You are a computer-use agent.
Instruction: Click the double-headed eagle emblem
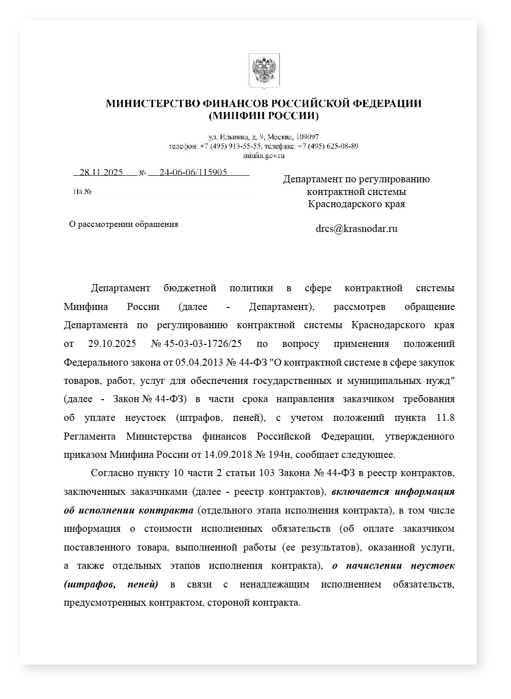(264, 70)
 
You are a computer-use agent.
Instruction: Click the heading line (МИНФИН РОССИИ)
(264, 116)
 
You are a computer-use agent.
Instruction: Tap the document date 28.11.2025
(101, 172)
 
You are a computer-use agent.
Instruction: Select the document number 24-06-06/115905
(193, 172)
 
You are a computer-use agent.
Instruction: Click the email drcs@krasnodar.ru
(356, 228)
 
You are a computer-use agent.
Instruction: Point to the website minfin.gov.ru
(264, 156)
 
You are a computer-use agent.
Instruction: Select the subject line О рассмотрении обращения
(124, 224)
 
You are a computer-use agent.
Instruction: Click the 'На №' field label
(82, 192)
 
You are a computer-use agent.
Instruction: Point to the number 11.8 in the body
(445, 418)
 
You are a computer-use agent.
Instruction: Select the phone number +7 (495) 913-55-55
(230, 146)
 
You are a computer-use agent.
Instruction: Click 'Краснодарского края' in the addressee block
(356, 204)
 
